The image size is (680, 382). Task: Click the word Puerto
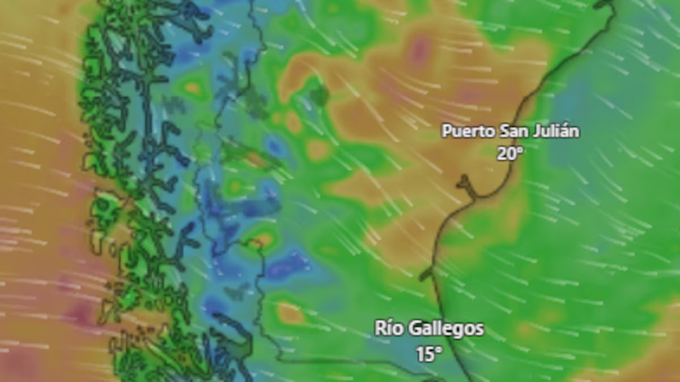click(x=468, y=132)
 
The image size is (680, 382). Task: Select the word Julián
click(x=558, y=132)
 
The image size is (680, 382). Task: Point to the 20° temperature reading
click(x=509, y=153)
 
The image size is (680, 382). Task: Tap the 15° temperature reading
click(x=429, y=354)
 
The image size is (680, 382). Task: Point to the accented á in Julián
click(x=567, y=131)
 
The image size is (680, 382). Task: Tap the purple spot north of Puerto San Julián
click(x=419, y=50)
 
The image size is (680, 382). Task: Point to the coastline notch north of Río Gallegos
click(x=428, y=274)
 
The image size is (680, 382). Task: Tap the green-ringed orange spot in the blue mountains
click(x=193, y=88)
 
